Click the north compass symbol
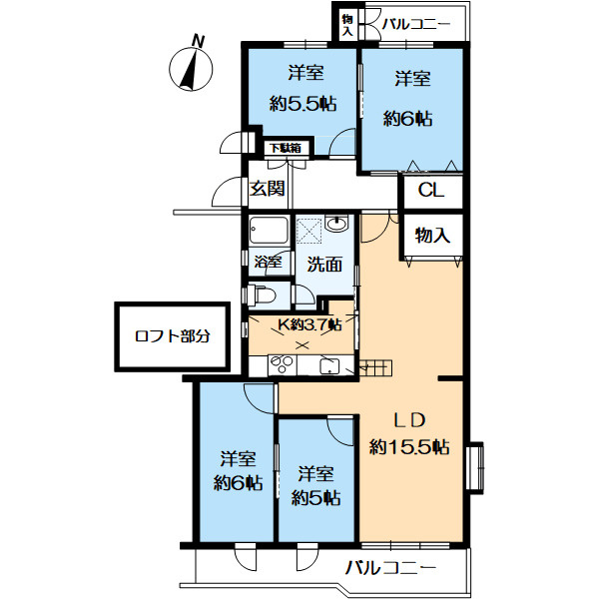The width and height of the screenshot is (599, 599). point(191,69)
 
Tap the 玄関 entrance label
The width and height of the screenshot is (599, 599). point(267,188)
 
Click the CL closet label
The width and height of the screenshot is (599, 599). point(431,191)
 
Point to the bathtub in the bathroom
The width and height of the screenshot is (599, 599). point(269,230)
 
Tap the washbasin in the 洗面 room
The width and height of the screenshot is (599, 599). point(336,223)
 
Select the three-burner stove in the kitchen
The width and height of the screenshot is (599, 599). point(282,364)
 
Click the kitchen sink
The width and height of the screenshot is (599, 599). point(329,366)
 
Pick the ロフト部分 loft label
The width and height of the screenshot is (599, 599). point(173,336)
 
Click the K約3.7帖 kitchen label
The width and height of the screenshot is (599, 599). point(309,324)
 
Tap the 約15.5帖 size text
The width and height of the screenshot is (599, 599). point(409,446)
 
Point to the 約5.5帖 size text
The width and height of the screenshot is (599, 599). point(302,103)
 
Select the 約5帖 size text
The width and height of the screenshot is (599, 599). point(315,498)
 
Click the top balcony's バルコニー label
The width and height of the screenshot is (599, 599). point(416,24)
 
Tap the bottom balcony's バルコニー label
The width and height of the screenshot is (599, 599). point(390,568)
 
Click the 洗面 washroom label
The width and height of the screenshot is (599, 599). point(324,265)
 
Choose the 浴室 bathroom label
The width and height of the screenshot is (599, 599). point(269,263)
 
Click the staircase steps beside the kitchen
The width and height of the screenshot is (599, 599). point(375,368)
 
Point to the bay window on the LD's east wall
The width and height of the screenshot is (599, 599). point(475,466)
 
